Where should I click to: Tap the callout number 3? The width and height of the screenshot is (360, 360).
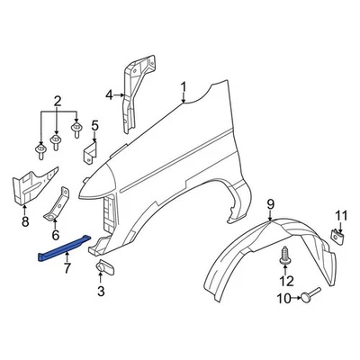coord(101,292)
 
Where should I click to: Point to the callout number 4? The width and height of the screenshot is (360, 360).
coord(109,94)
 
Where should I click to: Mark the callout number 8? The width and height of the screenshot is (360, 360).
coord(24,220)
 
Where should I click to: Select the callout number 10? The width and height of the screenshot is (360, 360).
coord(282,322)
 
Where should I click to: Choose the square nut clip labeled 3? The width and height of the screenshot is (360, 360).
coord(101,267)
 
